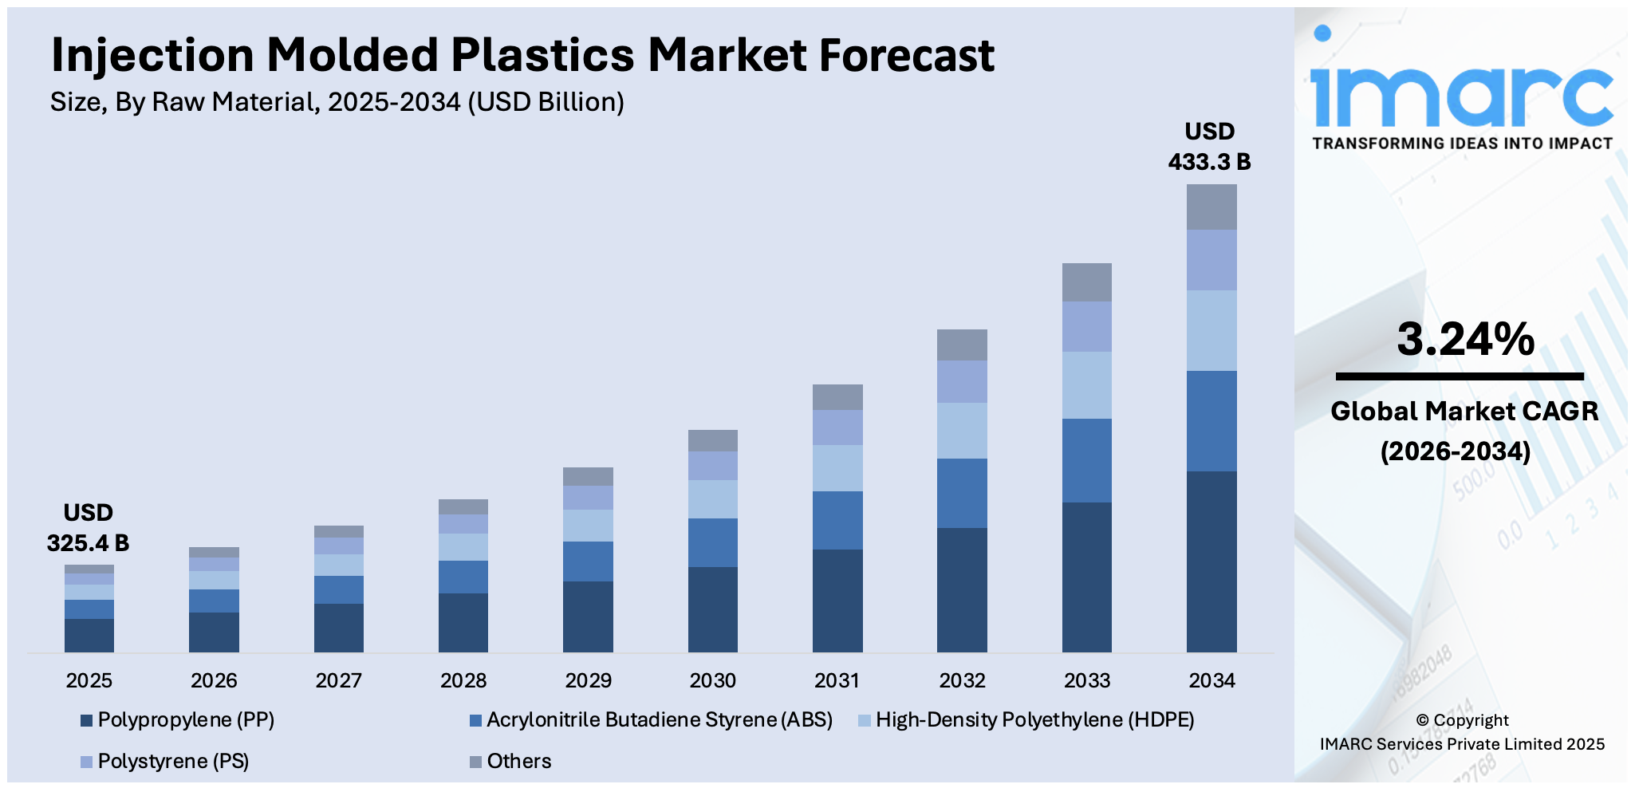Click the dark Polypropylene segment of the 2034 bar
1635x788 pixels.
click(1211, 561)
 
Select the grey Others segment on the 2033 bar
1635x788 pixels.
click(1086, 282)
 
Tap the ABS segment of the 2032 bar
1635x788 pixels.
click(962, 493)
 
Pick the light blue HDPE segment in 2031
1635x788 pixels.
click(837, 468)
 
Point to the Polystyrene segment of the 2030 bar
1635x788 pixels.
click(712, 466)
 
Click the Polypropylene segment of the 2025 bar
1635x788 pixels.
click(89, 636)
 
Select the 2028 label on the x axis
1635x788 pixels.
click(463, 680)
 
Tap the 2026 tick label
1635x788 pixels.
click(214, 680)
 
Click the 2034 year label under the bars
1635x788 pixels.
click(1211, 680)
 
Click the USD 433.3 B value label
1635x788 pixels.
click(1209, 148)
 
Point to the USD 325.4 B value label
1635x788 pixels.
click(88, 529)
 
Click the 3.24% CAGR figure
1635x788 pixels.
click(1464, 339)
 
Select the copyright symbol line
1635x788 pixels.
click(1461, 720)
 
